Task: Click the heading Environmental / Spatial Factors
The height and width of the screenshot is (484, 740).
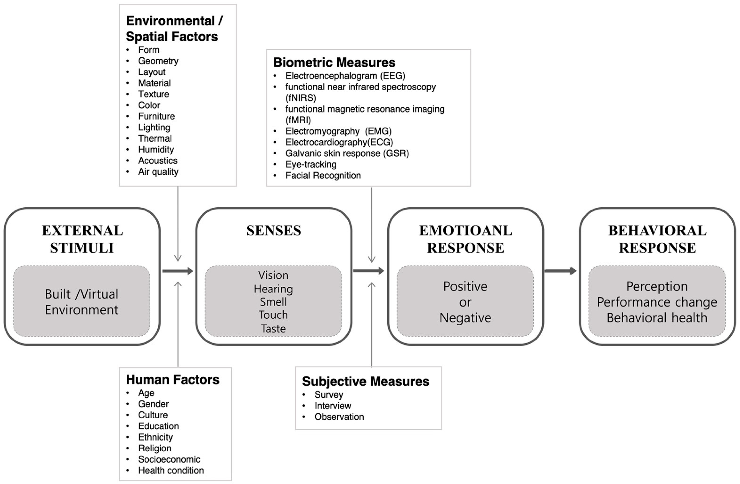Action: (x=174, y=29)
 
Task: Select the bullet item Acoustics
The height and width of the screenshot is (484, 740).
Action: (x=158, y=161)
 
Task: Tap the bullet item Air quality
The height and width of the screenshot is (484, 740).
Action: (x=158, y=172)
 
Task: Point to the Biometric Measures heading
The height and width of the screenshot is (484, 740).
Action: (x=334, y=62)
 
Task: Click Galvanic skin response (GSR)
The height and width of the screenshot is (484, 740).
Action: (x=347, y=153)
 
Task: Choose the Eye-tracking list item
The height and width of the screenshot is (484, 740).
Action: (x=311, y=164)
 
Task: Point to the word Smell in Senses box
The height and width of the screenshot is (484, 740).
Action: (x=273, y=302)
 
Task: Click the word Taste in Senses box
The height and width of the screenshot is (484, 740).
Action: (x=273, y=329)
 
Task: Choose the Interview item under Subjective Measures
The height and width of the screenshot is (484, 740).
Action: (x=333, y=406)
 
